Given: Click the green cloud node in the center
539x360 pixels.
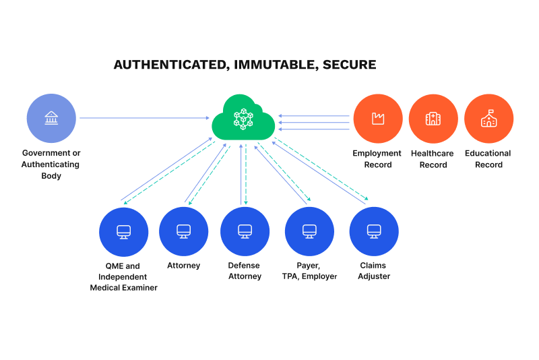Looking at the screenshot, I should click(243, 119).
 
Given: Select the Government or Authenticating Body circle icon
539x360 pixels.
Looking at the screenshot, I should click(51, 119).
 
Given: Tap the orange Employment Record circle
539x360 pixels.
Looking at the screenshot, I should click(377, 119).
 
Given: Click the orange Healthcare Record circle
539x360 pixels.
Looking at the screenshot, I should click(433, 119).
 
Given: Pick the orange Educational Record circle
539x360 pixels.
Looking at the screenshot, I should click(488, 119).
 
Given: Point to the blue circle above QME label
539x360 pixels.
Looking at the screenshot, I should click(123, 231).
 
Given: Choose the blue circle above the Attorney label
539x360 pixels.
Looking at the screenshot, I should click(183, 231).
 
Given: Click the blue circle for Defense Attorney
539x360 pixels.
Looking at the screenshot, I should click(245, 231).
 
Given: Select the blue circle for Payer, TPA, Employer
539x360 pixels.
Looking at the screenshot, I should click(309, 231).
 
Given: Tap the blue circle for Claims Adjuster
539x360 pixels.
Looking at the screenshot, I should click(374, 231).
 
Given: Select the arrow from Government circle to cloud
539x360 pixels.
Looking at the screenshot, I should click(144, 119).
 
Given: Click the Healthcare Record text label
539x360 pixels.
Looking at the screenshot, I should click(433, 159).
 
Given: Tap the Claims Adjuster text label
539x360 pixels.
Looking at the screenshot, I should click(374, 271).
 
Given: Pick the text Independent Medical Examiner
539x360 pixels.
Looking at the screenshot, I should click(124, 282).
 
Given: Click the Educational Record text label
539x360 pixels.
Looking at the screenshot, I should click(488, 159).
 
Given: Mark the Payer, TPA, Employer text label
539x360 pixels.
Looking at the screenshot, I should click(309, 271).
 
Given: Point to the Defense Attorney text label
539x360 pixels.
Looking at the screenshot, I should click(245, 271).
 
